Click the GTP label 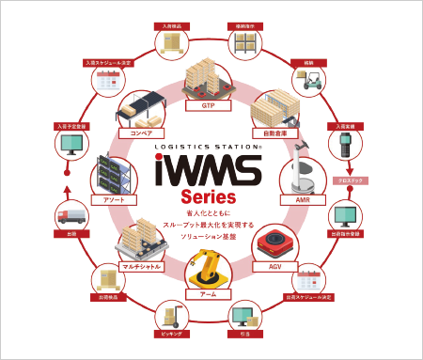tap(195, 106)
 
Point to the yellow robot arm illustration tap(204, 272)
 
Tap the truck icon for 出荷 tap(71, 217)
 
